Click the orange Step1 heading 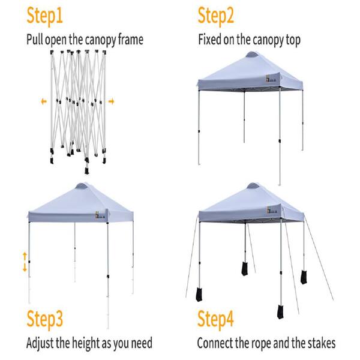(x=44, y=16)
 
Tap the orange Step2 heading (x=215, y=16)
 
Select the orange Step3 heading (x=44, y=319)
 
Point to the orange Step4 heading (x=215, y=319)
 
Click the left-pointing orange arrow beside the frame (x=44, y=101)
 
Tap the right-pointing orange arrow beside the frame (x=112, y=101)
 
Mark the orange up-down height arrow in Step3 (x=25, y=262)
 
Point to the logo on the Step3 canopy (x=100, y=215)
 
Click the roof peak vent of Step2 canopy (x=252, y=55)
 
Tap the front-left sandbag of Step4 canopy (x=199, y=295)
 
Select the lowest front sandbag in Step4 (x=280, y=312)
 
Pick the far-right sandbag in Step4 (x=304, y=277)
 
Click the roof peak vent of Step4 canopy (x=253, y=186)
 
